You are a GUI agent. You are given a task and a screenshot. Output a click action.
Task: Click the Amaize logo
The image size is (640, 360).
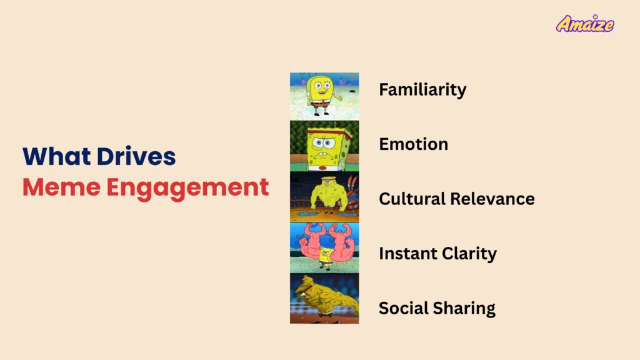pos(585,24)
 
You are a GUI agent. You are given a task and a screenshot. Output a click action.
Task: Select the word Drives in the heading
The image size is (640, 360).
pos(136,156)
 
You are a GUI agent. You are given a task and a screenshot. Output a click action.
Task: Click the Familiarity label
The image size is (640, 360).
pos(422,90)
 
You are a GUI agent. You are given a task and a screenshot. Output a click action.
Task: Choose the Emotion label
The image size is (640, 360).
pos(414,144)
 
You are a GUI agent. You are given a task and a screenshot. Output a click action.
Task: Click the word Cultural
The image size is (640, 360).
pos(412,199)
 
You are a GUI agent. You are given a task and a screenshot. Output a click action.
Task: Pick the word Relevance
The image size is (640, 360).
pos(492,199)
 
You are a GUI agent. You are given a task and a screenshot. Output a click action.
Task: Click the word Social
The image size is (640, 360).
pos(403,308)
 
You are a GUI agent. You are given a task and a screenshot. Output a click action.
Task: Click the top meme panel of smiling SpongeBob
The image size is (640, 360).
pos(324,96)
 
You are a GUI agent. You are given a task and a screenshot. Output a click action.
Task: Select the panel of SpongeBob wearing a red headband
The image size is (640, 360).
pos(324,146)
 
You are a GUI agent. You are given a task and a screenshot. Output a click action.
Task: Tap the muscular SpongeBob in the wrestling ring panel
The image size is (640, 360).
pos(329,195)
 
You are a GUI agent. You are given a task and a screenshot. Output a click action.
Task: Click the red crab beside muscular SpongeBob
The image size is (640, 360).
pos(352,190)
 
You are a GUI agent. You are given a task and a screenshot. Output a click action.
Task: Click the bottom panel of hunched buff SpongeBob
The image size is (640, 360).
pos(324,298)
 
